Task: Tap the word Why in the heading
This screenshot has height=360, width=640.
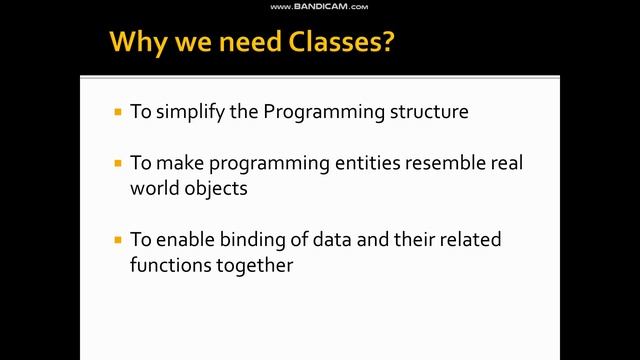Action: coord(134,42)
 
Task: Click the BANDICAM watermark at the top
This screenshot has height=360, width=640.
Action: coord(319,6)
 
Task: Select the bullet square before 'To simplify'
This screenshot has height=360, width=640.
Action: coord(119,112)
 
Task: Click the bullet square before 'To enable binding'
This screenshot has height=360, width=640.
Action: coord(119,241)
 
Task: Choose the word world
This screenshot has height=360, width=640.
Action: coord(152,188)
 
